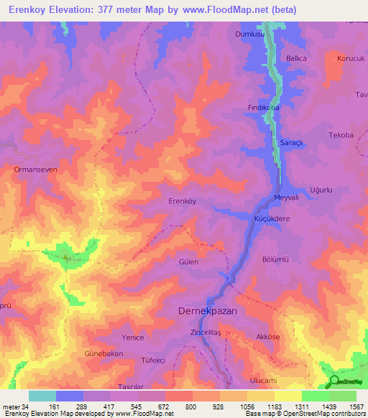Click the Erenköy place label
point(182,201)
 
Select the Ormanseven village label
point(30,170)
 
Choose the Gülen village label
point(188,262)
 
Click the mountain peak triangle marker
point(65,257)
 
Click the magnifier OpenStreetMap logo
point(334,381)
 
